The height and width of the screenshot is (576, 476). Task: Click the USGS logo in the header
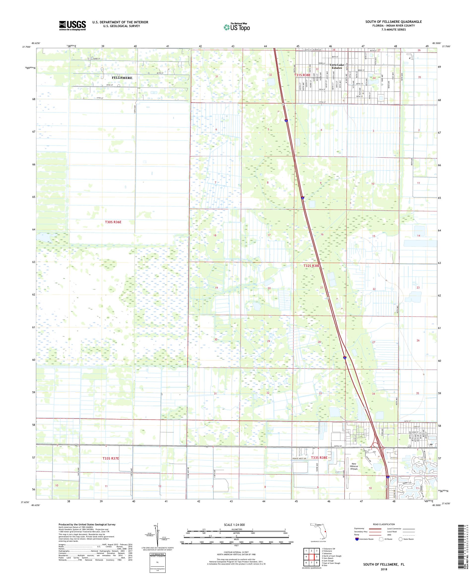(x=72, y=26)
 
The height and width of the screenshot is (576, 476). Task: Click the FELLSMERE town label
(x=122, y=78)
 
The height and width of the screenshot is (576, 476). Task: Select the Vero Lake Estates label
(x=336, y=66)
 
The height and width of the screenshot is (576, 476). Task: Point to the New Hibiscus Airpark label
(x=354, y=466)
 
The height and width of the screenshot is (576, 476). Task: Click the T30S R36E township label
(x=109, y=222)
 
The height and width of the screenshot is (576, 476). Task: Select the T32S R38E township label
(x=311, y=266)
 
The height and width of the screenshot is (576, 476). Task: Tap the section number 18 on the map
(x=215, y=236)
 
